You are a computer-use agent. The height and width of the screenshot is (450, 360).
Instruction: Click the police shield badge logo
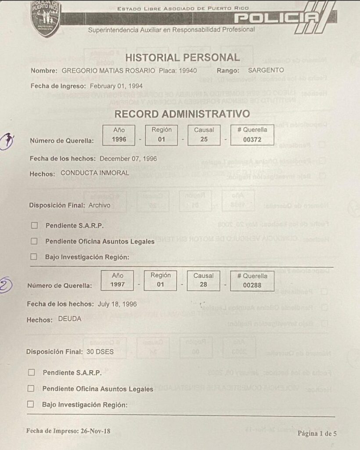46,18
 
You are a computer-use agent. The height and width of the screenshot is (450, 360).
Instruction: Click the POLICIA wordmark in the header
277,19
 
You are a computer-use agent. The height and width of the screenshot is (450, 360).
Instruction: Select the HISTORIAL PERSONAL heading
182,58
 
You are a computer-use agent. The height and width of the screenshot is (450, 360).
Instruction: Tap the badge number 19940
185,70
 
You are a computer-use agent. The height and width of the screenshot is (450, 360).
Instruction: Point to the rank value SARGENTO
266,70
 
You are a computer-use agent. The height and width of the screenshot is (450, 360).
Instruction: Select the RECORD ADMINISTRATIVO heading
182,114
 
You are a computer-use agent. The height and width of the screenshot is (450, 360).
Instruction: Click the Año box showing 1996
119,135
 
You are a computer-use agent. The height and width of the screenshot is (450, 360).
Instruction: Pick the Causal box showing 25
204,135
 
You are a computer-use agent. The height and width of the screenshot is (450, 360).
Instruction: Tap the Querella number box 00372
252,135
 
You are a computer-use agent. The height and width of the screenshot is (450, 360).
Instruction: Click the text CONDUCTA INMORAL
95,173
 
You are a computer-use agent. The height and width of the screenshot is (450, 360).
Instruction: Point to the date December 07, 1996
128,159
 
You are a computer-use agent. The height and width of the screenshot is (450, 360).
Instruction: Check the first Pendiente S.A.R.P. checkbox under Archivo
34,225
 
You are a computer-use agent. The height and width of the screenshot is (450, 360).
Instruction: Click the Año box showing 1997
118,280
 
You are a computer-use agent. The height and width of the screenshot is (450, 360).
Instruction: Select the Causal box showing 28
203,280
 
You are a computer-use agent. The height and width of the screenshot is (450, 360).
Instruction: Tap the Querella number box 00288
252,280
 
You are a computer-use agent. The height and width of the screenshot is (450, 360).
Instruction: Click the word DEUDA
70,319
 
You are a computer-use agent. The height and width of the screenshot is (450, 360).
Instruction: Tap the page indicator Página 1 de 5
317,433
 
